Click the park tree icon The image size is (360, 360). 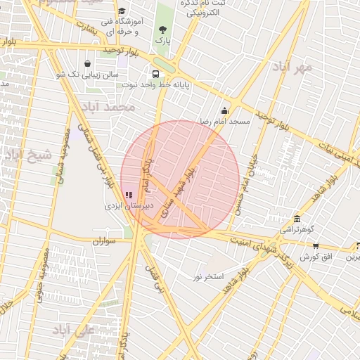162,30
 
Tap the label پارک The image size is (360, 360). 162,42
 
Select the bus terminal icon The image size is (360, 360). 155,73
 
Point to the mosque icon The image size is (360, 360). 224,110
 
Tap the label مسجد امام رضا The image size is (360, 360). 224,122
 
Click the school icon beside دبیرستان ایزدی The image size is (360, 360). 128,195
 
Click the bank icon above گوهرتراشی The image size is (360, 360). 297,219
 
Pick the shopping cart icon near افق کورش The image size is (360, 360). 315,245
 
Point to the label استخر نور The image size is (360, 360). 209,276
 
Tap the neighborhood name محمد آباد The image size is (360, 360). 108,108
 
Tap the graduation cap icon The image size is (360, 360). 122,11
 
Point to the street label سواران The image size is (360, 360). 102,241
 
